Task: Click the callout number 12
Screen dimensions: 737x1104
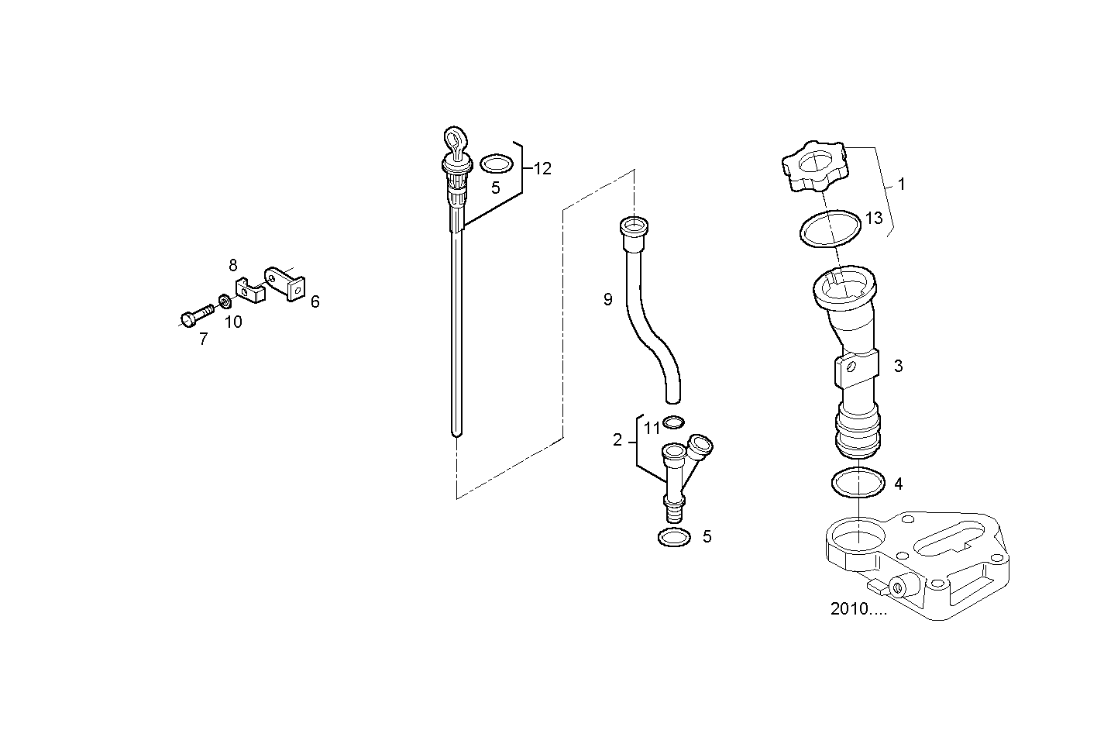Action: (542, 168)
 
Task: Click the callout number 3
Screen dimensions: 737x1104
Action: (898, 366)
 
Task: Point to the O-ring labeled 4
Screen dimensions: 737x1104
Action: (858, 483)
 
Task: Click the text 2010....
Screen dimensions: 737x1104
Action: (858, 609)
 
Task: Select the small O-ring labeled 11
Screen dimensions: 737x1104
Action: (674, 422)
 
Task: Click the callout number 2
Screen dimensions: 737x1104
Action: (617, 440)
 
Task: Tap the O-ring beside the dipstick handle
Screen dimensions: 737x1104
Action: (496, 164)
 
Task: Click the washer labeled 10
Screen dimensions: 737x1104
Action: (224, 301)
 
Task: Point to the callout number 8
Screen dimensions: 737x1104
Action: (233, 265)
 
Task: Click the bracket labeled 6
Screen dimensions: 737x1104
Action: (285, 281)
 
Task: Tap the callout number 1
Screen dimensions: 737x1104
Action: (901, 184)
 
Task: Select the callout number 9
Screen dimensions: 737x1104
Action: (608, 299)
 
